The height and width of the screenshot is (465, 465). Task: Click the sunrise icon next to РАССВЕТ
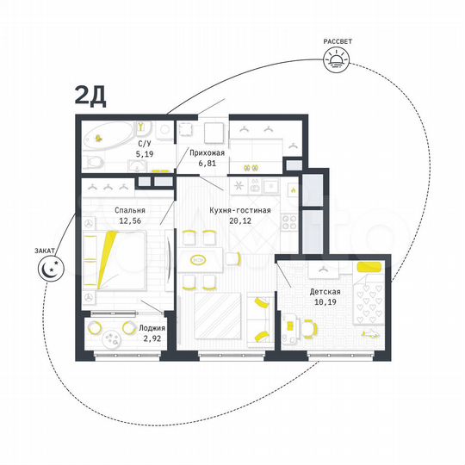[x=337, y=58]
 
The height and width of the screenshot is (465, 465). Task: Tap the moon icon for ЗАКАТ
[x=50, y=269]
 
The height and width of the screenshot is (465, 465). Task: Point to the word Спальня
[x=129, y=210]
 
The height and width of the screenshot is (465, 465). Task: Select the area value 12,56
[x=130, y=220]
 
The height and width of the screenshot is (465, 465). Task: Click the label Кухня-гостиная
[x=241, y=210]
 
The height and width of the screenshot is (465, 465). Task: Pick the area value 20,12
[x=240, y=220]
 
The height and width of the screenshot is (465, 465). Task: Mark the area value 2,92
[x=152, y=338]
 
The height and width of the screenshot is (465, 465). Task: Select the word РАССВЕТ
[x=337, y=40]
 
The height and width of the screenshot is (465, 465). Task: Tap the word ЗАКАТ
[x=46, y=249]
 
